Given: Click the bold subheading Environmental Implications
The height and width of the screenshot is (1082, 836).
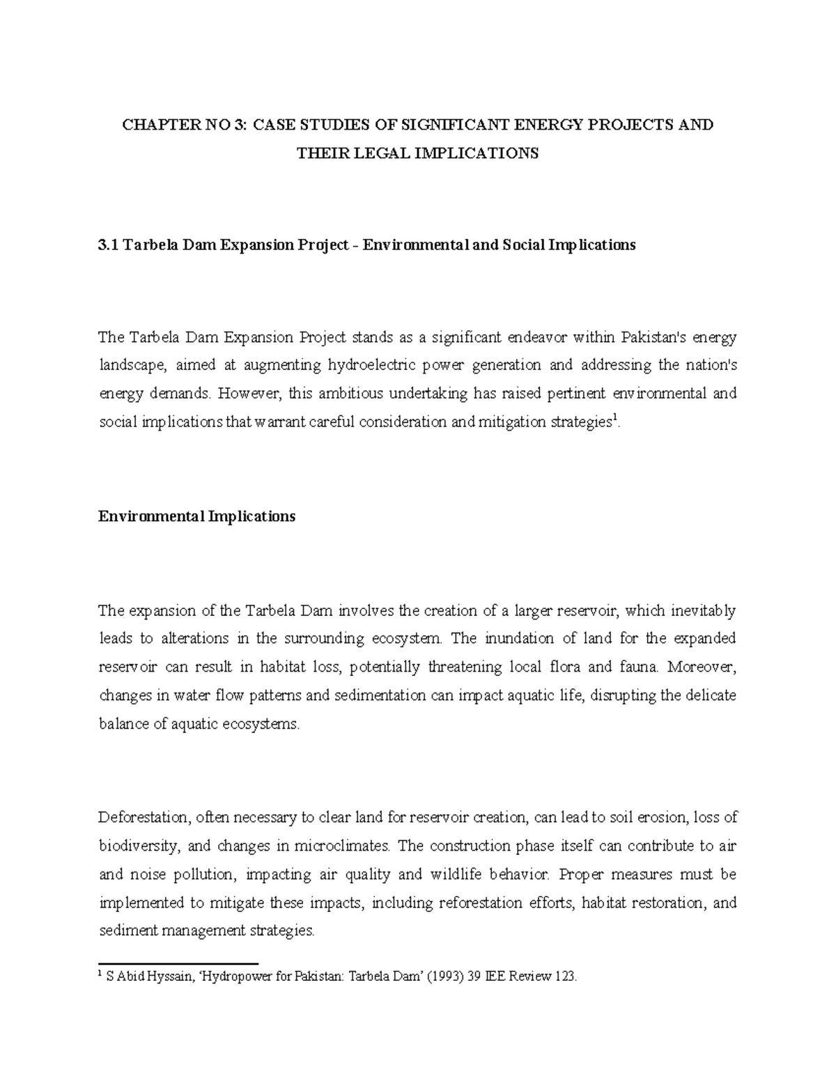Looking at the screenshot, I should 196,516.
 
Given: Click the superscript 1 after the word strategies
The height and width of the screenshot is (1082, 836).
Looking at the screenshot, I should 612,419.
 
